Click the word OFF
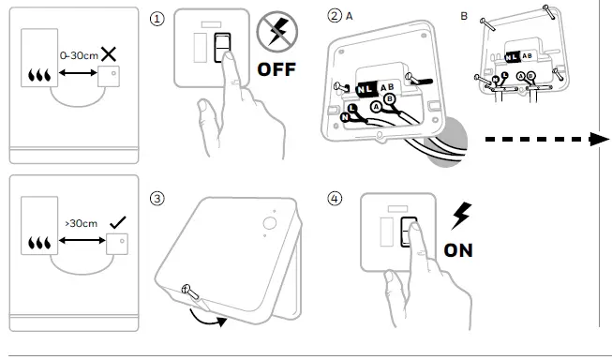coord(276,69)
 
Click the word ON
coord(458,250)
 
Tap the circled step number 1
coord(157,19)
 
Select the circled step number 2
coord(335,16)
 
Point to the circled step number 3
coord(157,199)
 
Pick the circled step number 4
coord(335,199)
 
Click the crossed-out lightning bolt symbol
coord(277,32)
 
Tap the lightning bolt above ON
coord(461,216)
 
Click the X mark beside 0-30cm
coord(109,53)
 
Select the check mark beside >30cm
coord(118,222)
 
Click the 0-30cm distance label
coord(79,56)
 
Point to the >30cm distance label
coord(82,224)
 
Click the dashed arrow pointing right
coord(546,139)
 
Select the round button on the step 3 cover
coord(270,223)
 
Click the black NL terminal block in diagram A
coord(366,89)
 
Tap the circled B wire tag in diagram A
coord(389,99)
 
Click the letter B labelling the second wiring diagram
coord(464,16)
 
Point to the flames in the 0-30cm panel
coord(39,75)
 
